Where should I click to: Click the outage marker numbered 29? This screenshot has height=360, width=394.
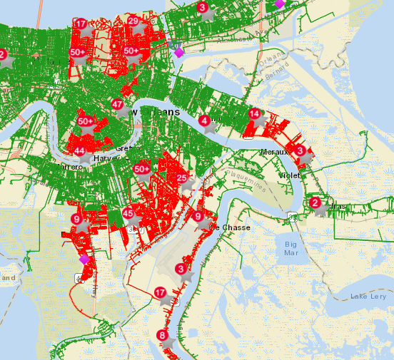click(x=133, y=21)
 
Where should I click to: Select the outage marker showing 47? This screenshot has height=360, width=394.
click(x=118, y=104)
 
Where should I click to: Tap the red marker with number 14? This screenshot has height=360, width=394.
click(x=254, y=114)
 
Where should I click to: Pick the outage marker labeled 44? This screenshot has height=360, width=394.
click(x=80, y=151)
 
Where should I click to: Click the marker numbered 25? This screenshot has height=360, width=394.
click(x=183, y=178)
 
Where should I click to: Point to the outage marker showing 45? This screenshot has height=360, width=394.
click(x=128, y=213)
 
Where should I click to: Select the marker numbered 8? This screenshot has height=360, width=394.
click(x=163, y=336)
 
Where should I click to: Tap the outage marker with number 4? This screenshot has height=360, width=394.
click(x=205, y=121)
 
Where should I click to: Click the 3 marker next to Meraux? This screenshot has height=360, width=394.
click(x=300, y=150)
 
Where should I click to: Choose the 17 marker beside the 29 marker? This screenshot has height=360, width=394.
click(x=80, y=24)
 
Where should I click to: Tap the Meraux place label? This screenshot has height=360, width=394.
click(x=274, y=152)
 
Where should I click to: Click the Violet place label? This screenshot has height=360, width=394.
click(x=290, y=175)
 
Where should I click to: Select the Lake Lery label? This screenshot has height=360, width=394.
click(x=368, y=296)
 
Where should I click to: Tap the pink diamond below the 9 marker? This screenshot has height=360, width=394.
click(x=84, y=259)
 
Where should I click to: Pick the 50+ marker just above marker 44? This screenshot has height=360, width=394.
click(x=86, y=122)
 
